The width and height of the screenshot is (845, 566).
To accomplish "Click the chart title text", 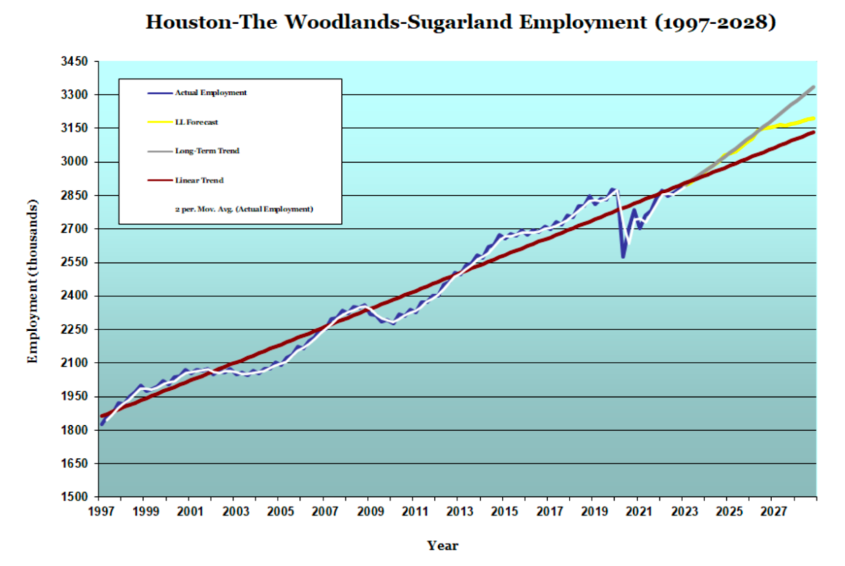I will pos(461,22).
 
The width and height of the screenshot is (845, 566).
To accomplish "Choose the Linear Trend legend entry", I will pos(199,180).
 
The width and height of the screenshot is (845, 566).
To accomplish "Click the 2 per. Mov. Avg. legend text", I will pos(244,209).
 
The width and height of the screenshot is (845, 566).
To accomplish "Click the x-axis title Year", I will pos(442,545).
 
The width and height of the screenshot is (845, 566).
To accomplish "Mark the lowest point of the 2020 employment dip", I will pos(623,257).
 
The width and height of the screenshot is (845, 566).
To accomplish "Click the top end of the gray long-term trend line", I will pos(814,87).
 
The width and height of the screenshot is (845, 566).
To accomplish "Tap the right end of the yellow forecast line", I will pos(815,118).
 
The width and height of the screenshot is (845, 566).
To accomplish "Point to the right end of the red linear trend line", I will pos(815,132).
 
